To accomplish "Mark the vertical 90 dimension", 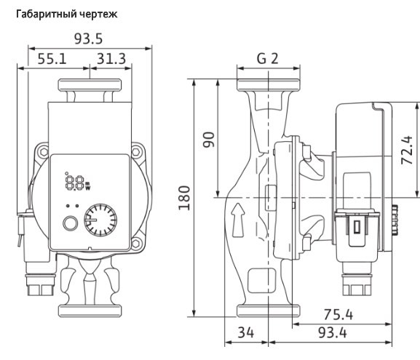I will [x=209, y=140].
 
